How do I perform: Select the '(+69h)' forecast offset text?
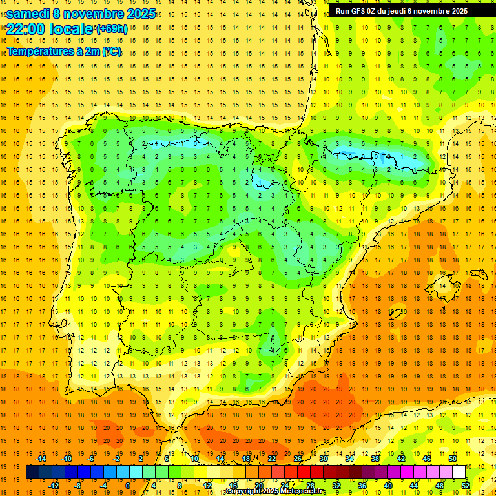[112, 29]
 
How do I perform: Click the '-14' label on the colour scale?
[41, 459]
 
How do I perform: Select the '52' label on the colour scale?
[466, 485]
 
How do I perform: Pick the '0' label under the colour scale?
[128, 485]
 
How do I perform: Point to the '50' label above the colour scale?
[452, 459]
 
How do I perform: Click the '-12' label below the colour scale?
[54, 485]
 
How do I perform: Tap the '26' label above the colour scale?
[298, 459]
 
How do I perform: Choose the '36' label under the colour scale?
[362, 485]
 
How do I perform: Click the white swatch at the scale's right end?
[459, 471]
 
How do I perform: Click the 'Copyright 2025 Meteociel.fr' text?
[275, 491]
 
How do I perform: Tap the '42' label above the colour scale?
[401, 459]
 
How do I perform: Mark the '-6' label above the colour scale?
[92, 459]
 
